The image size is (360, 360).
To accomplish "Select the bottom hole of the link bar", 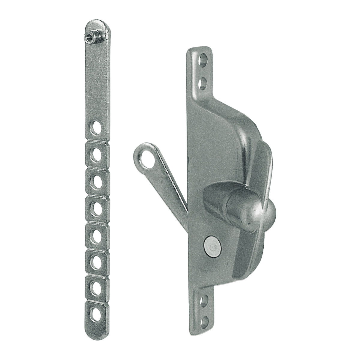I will pyautogui.click(x=97, y=315).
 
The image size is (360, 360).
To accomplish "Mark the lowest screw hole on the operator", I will pyautogui.click(x=204, y=321).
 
